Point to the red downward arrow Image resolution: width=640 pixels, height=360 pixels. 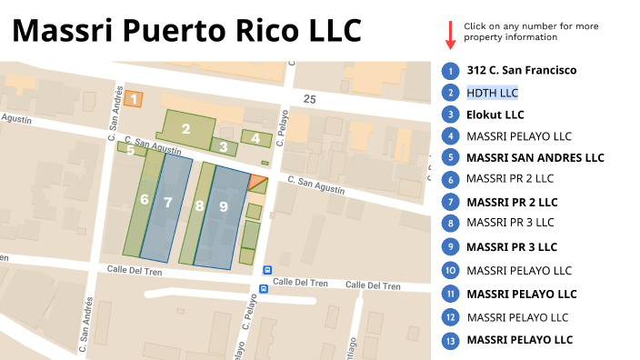pyautogui.click(x=450, y=35)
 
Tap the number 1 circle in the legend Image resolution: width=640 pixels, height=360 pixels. pyautogui.click(x=450, y=70)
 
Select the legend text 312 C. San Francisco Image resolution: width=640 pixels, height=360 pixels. pyautogui.click(x=521, y=70)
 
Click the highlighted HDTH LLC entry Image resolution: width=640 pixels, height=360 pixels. pyautogui.click(x=492, y=93)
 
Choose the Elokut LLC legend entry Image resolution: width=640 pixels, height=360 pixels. pyautogui.click(x=495, y=115)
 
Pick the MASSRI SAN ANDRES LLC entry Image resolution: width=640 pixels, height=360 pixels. pyautogui.click(x=535, y=158)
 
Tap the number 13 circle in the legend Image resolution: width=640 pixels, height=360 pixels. pyautogui.click(x=450, y=340)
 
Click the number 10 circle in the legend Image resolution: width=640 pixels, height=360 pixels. pyautogui.click(x=450, y=270)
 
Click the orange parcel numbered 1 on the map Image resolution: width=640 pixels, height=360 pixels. pyautogui.click(x=134, y=99)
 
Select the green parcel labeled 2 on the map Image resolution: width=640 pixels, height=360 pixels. pyautogui.click(x=186, y=129)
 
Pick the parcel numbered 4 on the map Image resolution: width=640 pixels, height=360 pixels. pyautogui.click(x=256, y=139)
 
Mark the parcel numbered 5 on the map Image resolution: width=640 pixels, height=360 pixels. pyautogui.click(x=131, y=149)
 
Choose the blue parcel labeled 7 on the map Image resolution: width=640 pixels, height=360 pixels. pyautogui.click(x=168, y=204)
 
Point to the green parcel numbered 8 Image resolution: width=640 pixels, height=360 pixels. pyautogui.click(x=199, y=207)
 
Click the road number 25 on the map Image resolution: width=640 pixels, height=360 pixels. pyautogui.click(x=310, y=98)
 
